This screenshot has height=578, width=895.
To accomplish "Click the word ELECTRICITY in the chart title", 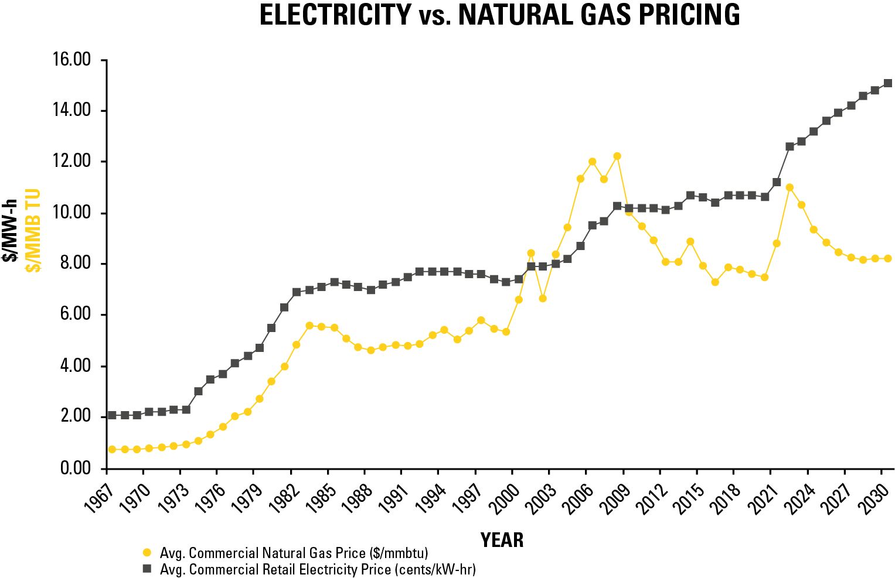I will tap(335, 15).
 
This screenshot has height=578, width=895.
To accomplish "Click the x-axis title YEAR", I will tap(502, 540).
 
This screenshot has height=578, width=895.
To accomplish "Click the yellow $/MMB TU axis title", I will tap(33, 230).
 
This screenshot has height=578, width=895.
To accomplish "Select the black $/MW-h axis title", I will tap(10, 230).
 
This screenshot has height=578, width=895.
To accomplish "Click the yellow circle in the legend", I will tap(147, 552).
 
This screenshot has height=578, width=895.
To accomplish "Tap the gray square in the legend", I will tap(147, 569).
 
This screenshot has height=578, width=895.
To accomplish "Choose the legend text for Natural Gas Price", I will tap(294, 553).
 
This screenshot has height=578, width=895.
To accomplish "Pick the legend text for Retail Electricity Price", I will tap(318, 569).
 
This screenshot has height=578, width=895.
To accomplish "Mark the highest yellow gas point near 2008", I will tap(617, 156).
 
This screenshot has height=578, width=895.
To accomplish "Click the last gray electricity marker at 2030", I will tap(887, 83).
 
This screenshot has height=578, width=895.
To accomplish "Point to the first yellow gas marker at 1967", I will tap(112, 449).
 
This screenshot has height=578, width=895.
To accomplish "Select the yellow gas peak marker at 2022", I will tap(789, 187).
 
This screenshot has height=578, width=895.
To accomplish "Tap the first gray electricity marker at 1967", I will tap(112, 415).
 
